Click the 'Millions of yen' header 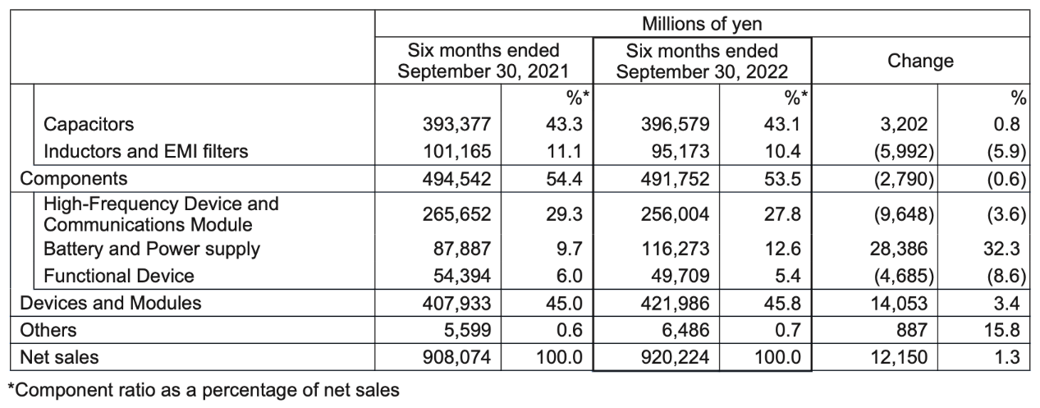[702, 24]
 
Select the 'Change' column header [920, 61]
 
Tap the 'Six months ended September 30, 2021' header [483, 61]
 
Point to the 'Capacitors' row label [88, 125]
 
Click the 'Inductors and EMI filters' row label [146, 151]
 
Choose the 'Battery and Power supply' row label [152, 250]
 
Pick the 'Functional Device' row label [119, 276]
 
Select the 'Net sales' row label [59, 357]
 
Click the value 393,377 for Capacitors [457, 125]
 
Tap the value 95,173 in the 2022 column [680, 151]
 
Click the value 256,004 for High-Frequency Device [675, 214]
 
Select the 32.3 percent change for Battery [1001, 249]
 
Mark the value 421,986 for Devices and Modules [675, 303]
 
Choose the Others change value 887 [912, 330]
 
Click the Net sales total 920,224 [675, 357]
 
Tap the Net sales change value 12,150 [900, 357]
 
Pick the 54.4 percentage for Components [564, 179]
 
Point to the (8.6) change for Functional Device [1006, 276]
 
